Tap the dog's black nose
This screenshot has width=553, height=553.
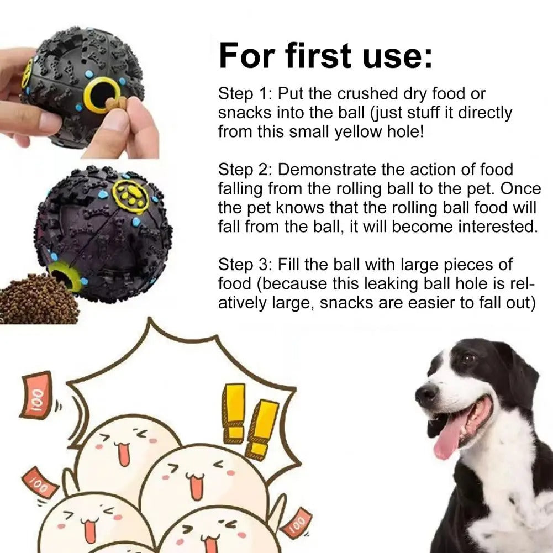(426, 394)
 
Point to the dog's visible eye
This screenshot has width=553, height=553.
(468, 359)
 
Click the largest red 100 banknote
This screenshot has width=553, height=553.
(36, 394)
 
